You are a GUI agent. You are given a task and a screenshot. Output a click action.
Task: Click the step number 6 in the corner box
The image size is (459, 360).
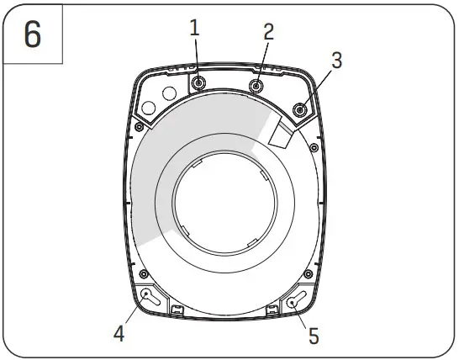(32, 36)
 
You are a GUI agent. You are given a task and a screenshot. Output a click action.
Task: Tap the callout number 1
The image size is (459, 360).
(195, 28)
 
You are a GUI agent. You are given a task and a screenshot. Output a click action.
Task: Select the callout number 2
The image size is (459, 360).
(268, 32)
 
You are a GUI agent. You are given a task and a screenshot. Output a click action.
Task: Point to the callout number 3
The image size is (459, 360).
(335, 61)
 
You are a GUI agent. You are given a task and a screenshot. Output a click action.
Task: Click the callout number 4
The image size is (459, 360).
(120, 333)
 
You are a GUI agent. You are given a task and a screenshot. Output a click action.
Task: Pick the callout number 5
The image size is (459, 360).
(313, 336)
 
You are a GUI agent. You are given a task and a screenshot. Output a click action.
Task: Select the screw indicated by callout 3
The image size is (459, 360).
(300, 109)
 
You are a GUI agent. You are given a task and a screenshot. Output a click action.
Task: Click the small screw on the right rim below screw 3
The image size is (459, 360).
(313, 149)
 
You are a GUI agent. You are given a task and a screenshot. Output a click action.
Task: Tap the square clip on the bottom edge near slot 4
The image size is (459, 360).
(177, 310)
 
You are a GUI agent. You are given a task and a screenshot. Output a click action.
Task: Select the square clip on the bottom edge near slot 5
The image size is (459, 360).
(272, 311)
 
